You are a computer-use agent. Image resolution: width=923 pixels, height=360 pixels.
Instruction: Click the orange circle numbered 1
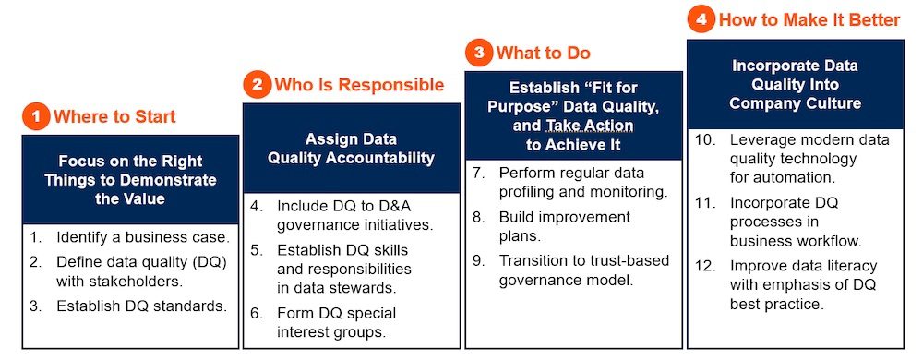(x=37, y=117)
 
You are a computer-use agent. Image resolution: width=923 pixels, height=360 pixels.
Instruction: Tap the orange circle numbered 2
(x=258, y=85)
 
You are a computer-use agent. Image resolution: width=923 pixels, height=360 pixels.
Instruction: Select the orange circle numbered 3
(x=479, y=53)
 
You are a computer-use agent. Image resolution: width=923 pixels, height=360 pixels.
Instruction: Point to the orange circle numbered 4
(x=701, y=20)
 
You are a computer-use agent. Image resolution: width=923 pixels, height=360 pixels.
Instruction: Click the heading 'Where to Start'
(x=114, y=116)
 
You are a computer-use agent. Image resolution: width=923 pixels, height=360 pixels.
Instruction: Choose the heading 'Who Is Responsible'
(x=359, y=85)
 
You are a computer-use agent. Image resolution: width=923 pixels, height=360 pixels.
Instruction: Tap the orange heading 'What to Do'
(x=544, y=53)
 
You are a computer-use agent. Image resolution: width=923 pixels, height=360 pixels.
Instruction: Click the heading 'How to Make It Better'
(x=809, y=20)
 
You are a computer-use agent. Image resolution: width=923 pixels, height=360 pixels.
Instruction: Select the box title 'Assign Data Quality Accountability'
(x=351, y=149)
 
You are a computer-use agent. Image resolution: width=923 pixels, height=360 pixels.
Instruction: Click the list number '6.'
(x=256, y=313)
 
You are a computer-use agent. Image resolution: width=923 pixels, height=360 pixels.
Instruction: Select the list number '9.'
(x=478, y=260)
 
